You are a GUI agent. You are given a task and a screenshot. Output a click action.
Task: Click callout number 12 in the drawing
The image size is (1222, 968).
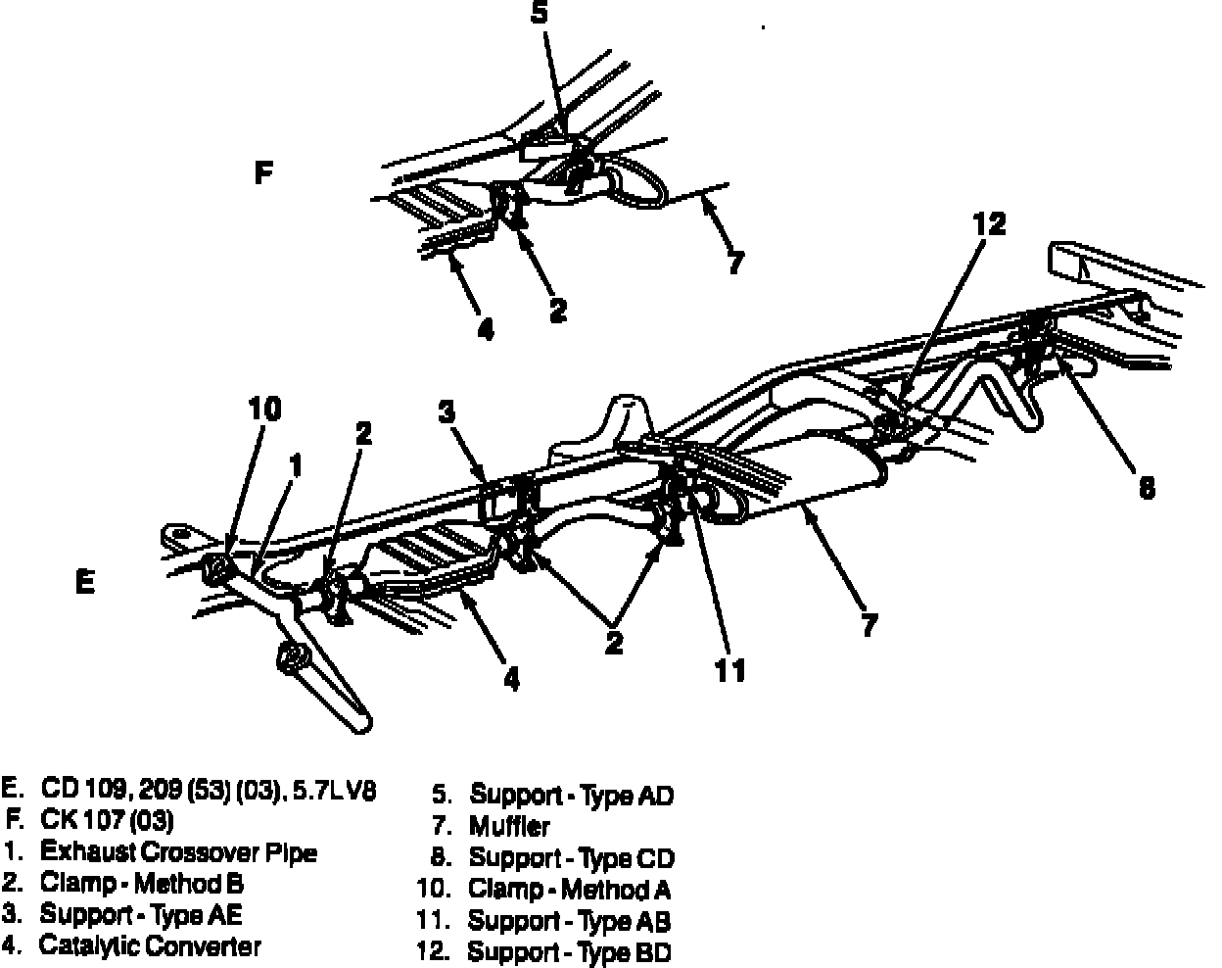989,224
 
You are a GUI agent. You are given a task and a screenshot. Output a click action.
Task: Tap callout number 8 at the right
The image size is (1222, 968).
1147,487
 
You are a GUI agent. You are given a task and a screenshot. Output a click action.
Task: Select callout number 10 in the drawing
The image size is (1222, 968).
265,409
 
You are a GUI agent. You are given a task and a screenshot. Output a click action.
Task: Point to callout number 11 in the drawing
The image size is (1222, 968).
729,669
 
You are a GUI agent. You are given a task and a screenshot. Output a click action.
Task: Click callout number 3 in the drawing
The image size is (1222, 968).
447,411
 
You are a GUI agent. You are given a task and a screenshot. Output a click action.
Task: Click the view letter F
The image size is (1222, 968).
262,174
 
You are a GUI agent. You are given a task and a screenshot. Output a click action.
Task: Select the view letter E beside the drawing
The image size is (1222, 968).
85,583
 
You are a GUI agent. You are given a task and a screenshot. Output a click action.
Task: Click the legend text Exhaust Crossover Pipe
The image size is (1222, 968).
178,852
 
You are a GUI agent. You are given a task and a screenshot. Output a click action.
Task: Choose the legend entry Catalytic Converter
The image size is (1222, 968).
150,946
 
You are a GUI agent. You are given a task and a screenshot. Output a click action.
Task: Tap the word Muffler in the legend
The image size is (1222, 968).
509,826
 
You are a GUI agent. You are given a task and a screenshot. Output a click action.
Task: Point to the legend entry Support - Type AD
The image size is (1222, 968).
572,795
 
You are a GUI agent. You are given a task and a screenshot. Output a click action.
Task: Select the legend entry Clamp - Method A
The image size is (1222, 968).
569,890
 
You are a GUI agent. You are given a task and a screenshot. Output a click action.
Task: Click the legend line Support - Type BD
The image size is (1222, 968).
569,951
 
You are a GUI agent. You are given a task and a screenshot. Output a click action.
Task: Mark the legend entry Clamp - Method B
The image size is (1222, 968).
141,884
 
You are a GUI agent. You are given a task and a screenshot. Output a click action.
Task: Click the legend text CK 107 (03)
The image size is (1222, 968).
108,820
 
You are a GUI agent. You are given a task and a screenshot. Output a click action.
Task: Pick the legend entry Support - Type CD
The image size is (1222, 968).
572,858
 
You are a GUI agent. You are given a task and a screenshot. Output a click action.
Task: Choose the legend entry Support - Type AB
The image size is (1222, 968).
569,921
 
